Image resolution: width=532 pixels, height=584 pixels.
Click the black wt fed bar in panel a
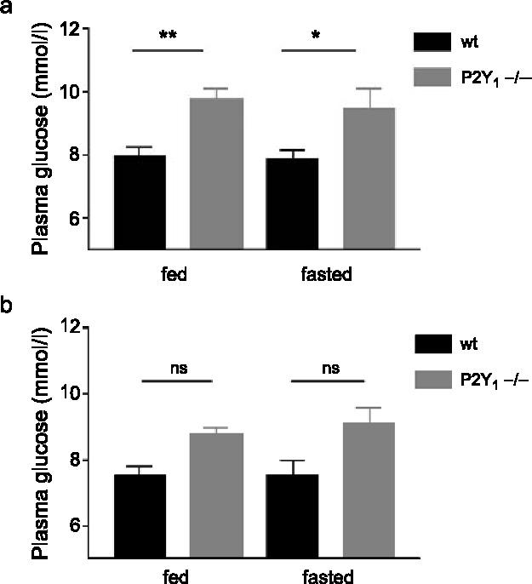pyautogui.click(x=139, y=202)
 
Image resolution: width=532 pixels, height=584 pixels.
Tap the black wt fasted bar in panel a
pyautogui.click(x=292, y=203)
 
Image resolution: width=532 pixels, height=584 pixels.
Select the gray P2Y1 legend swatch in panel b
pyautogui.click(x=443, y=381)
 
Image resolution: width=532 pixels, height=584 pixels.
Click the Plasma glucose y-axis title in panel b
pyautogui.click(x=39, y=443)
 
